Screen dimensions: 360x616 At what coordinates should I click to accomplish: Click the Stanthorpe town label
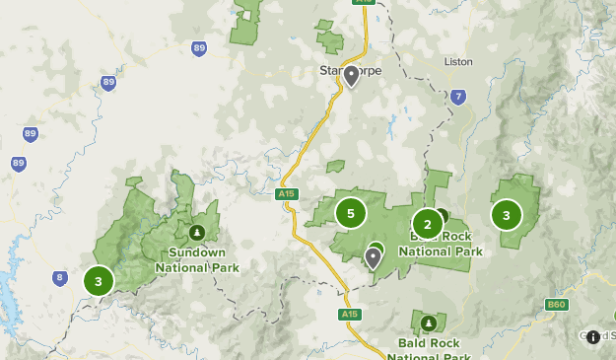(350, 71)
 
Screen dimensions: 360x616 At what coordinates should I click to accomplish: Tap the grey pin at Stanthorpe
(352, 75)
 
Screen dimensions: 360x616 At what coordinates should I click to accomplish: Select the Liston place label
(458, 61)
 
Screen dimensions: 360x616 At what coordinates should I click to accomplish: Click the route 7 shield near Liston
(456, 97)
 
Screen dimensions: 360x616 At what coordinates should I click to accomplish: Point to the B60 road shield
(557, 306)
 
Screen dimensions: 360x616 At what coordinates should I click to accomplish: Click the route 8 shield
(60, 279)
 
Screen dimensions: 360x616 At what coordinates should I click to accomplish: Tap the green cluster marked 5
(351, 212)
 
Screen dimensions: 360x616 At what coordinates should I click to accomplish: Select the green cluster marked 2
(427, 223)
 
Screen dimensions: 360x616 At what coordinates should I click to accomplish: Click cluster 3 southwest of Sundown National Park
(99, 281)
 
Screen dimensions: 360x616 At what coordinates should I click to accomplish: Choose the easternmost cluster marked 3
(507, 214)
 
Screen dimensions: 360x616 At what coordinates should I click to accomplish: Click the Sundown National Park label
(197, 259)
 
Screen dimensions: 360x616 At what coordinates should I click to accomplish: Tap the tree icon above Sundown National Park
(197, 233)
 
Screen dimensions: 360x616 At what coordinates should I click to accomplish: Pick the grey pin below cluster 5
(373, 257)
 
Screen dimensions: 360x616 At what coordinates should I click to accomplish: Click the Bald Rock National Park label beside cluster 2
(441, 245)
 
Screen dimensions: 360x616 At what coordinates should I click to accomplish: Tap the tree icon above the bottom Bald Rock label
(428, 323)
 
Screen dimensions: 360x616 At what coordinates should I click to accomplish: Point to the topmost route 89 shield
(200, 47)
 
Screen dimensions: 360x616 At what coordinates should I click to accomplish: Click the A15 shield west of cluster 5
(287, 194)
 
